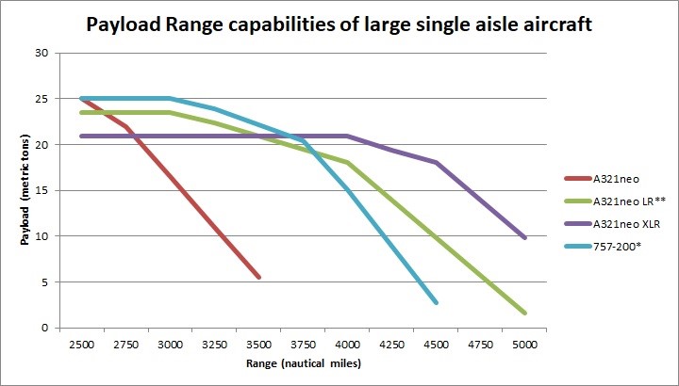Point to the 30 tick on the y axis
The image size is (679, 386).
click(41, 53)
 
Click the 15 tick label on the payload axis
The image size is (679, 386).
click(41, 190)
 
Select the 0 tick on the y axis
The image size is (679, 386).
click(44, 328)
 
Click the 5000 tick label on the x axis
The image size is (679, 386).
click(524, 344)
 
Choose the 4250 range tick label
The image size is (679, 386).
click(391, 344)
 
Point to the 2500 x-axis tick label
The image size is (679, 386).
click(81, 344)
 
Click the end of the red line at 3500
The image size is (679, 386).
click(258, 277)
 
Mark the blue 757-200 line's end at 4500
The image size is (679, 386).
click(436, 302)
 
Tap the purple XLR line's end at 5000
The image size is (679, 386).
click(524, 237)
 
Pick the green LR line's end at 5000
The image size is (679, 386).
click(524, 313)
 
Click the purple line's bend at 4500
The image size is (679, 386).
click(436, 163)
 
